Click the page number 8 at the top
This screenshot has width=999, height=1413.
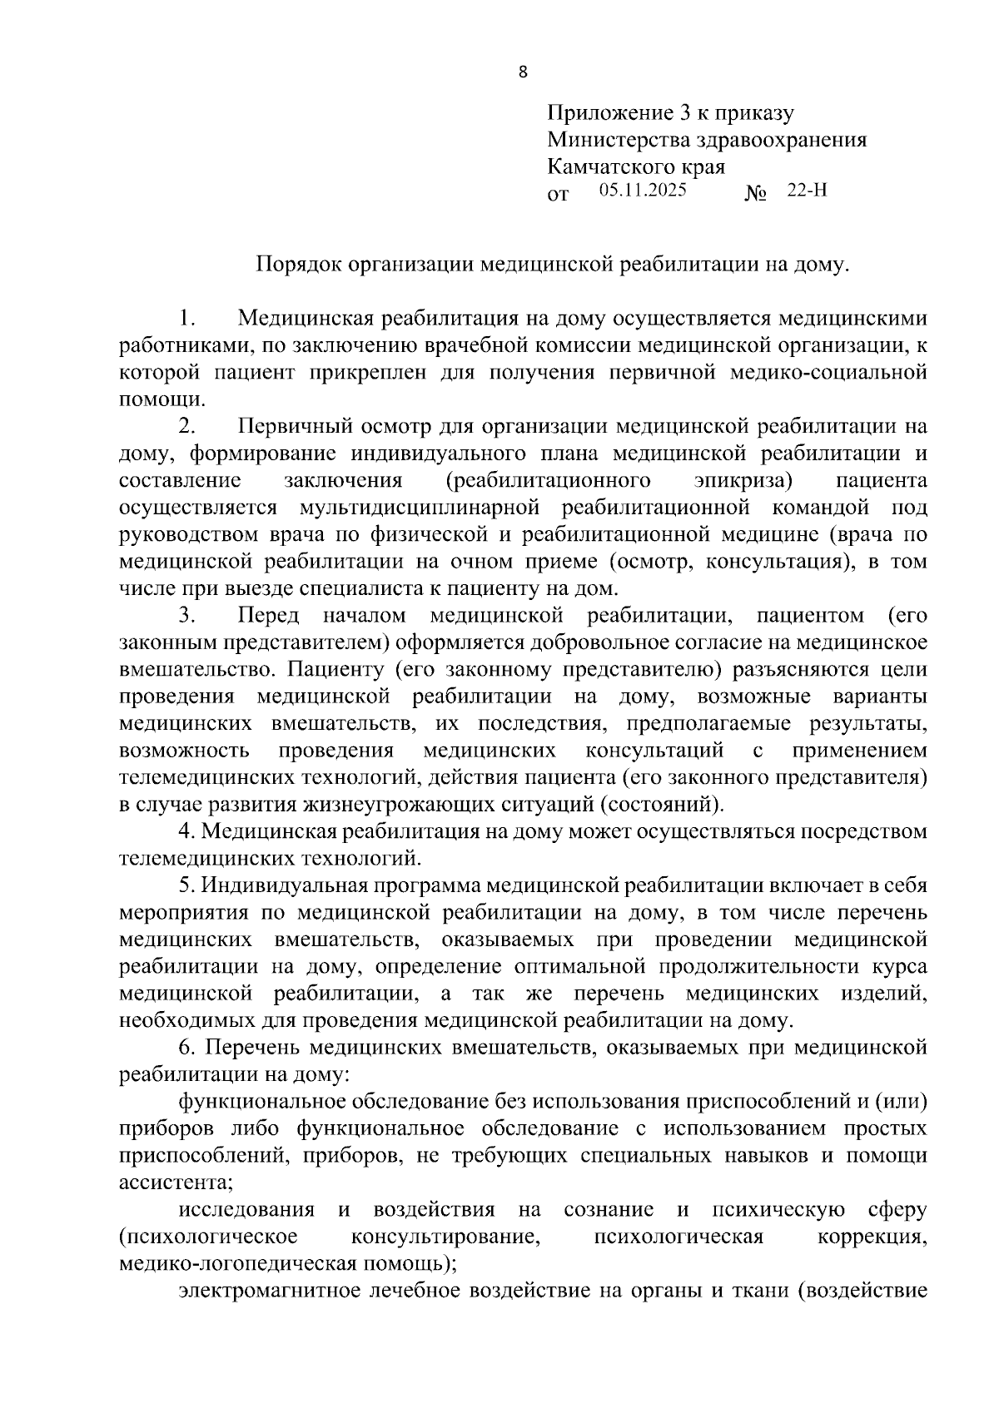tap(523, 72)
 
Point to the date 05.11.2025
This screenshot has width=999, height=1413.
tap(642, 191)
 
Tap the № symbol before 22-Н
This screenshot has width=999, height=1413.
tap(755, 193)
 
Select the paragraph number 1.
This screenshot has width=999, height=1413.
tap(187, 319)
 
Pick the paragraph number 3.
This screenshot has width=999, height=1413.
tap(187, 616)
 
